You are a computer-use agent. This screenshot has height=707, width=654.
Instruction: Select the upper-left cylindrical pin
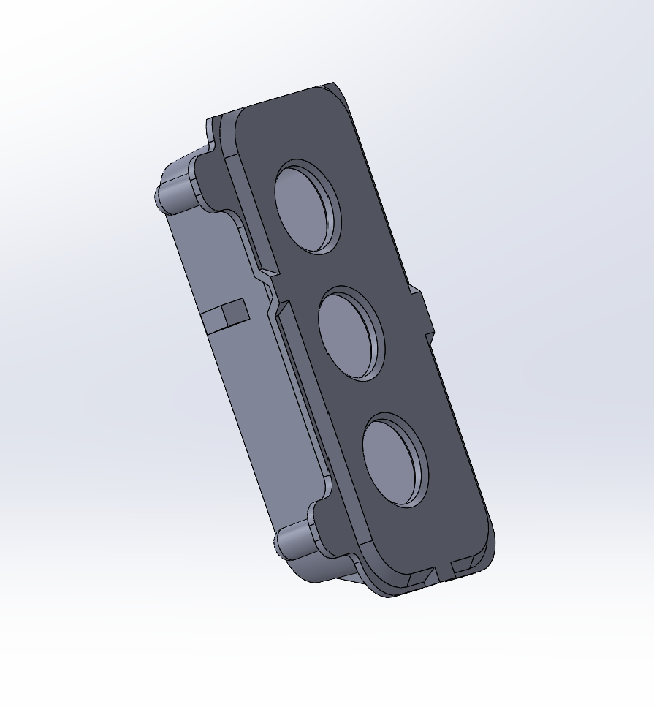[173, 192]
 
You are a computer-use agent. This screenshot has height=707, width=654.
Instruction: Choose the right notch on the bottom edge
[463, 567]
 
